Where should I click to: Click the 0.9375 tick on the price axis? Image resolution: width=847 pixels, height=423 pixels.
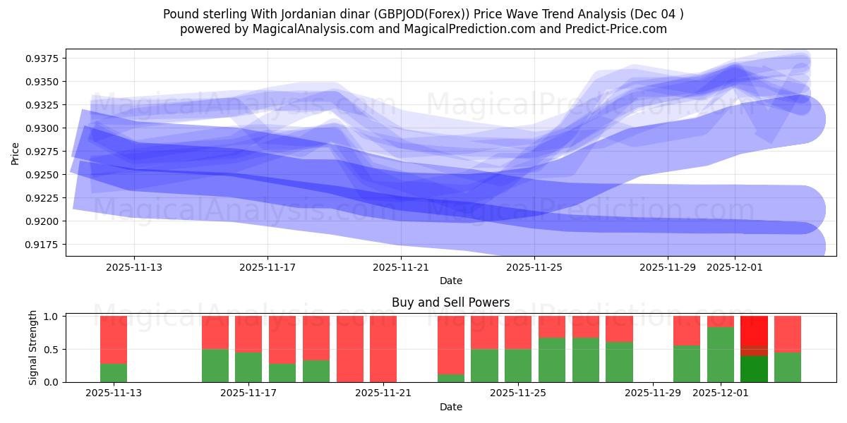point(44,59)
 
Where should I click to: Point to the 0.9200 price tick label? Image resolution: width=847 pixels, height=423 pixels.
point(44,221)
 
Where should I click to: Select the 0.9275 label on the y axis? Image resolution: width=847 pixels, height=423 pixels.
point(44,152)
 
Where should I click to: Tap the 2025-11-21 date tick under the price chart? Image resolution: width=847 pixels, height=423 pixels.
point(401,267)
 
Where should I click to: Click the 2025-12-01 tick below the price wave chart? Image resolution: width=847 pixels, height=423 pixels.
point(735,267)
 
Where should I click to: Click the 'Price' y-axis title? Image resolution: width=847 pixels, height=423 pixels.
point(16,152)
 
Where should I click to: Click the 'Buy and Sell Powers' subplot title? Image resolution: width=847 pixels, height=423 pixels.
point(450,302)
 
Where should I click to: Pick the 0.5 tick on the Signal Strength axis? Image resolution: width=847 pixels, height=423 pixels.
point(51,350)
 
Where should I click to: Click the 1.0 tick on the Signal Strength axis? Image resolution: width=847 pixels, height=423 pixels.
point(51,317)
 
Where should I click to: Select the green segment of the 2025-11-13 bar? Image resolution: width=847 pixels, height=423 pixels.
point(114,373)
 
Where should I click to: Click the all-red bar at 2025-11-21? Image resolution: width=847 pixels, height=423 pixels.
point(383,349)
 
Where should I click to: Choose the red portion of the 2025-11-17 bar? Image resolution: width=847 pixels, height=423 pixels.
point(248,333)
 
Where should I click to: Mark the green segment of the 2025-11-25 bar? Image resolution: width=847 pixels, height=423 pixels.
point(518,366)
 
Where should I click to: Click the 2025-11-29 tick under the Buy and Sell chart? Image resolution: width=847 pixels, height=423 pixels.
point(653,393)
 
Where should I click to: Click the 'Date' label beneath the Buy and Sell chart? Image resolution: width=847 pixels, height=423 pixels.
point(450,407)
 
